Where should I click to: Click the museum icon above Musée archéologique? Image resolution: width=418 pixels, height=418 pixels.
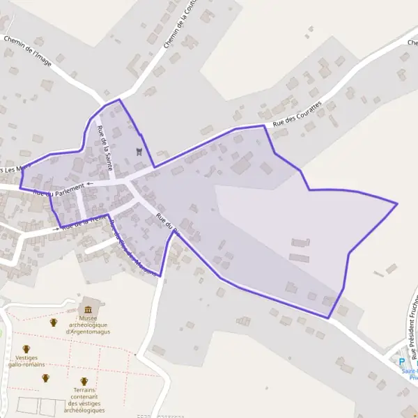point(88,309)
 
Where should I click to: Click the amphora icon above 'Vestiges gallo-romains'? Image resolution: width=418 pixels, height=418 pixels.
point(26,349)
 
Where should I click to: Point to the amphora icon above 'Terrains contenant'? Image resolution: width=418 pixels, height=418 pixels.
point(84,382)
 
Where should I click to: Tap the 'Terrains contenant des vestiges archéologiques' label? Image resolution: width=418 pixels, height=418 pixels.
point(84,401)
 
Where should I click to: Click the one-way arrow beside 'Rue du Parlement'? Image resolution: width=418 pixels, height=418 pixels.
point(89,185)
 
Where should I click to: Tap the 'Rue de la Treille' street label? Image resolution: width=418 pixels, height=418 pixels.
point(84,223)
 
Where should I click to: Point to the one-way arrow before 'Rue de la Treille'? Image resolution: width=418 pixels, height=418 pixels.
point(56,229)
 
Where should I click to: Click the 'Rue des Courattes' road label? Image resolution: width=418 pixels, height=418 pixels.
point(297,114)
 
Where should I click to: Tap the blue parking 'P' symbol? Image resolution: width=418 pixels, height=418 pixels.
point(401,361)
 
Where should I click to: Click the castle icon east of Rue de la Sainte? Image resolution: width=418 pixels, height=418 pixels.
point(139,151)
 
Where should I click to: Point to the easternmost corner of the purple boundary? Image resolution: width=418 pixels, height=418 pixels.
point(397,203)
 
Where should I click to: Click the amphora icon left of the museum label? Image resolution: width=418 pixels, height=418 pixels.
point(53,322)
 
